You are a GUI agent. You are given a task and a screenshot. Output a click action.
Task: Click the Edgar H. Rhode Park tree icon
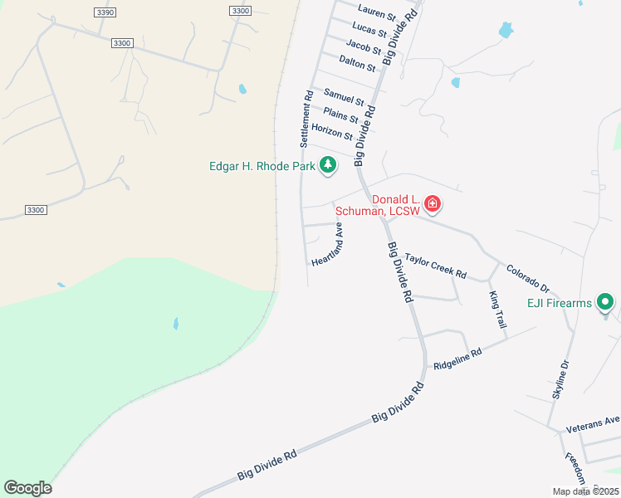click(x=329, y=165)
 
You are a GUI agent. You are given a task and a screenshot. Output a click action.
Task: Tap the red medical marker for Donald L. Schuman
click(x=432, y=203)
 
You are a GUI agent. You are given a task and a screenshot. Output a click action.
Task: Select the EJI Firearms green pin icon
click(x=606, y=303)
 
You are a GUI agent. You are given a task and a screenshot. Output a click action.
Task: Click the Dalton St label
click(x=358, y=62)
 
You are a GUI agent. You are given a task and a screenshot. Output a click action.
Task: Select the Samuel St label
click(x=344, y=97)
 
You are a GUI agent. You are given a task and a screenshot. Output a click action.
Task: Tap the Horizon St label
click(x=332, y=131)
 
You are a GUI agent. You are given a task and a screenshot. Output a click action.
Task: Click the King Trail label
click(x=496, y=309)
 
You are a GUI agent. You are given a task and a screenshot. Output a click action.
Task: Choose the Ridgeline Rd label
click(x=457, y=359)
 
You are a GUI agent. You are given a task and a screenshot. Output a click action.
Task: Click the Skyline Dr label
click(x=560, y=379)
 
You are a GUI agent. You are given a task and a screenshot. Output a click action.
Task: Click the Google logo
click(x=27, y=488)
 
